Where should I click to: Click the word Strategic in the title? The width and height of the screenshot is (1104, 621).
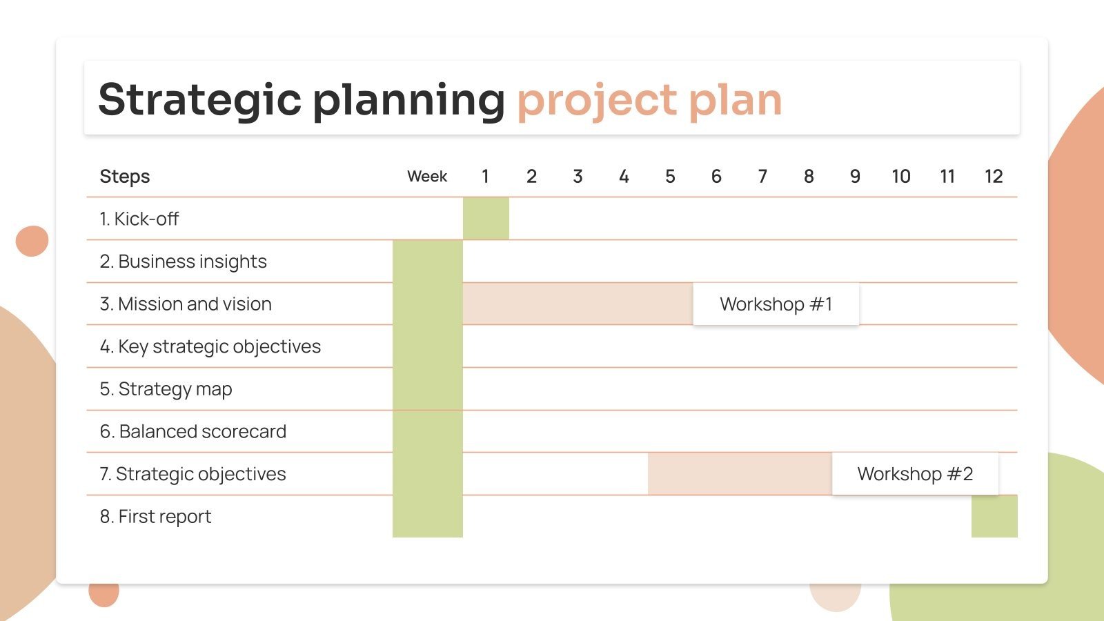[199, 100]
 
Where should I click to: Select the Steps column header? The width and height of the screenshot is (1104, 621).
[125, 177]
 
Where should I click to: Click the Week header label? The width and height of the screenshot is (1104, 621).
[427, 177]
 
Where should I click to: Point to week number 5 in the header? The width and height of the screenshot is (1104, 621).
[670, 177]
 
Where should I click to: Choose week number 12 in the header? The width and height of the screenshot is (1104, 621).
[994, 177]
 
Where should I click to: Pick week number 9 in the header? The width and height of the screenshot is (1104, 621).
[855, 177]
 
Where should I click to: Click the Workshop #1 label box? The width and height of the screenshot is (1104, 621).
[776, 304]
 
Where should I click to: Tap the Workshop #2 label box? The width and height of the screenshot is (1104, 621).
[915, 474]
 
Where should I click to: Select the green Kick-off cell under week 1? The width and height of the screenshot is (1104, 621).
[486, 219]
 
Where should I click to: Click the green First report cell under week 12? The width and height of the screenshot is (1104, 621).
[994, 517]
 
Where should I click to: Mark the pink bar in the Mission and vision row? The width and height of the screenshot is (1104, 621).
[578, 304]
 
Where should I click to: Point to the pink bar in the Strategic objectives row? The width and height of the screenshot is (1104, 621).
[739, 474]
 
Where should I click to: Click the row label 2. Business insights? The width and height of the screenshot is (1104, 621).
[183, 262]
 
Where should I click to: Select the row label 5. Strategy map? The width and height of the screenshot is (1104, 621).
[166, 389]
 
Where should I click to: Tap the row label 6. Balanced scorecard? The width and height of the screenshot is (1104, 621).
[193, 432]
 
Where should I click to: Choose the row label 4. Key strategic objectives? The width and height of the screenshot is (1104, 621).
[210, 346]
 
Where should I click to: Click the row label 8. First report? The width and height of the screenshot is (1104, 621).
[155, 517]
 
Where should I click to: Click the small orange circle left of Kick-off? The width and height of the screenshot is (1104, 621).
[32, 241]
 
